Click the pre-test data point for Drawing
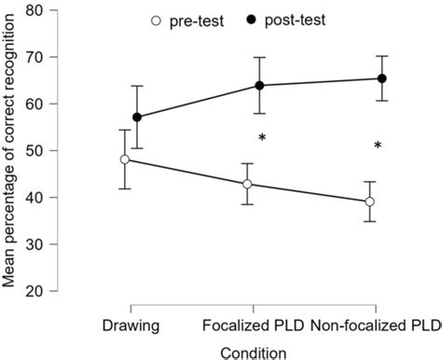coord(131,159)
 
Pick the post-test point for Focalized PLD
coord(259,86)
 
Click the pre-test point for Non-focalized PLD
coord(370,201)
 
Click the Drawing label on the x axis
coord(131,325)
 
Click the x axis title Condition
coord(253,352)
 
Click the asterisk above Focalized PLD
coord(263,138)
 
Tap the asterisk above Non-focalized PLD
coord(378,145)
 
